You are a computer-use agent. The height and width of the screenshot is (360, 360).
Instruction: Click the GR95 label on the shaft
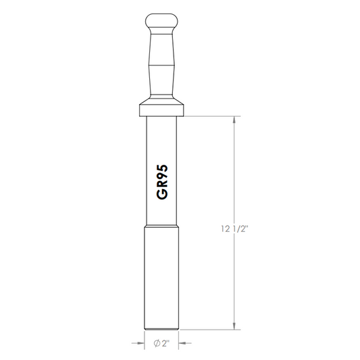(162, 182)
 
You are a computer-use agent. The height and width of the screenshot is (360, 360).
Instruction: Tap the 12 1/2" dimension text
(235, 229)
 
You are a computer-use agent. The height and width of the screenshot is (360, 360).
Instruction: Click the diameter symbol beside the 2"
(157, 344)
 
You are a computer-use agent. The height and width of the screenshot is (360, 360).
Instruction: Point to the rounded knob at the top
(161, 22)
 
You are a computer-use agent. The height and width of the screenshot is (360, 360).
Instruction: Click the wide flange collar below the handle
(161, 111)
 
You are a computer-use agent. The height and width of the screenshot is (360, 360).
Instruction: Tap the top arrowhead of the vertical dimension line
(234, 120)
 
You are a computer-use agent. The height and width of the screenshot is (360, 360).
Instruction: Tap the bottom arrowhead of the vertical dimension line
(234, 326)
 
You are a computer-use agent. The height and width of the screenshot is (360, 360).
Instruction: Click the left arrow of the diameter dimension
(138, 343)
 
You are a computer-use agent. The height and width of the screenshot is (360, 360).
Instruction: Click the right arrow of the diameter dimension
(185, 343)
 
